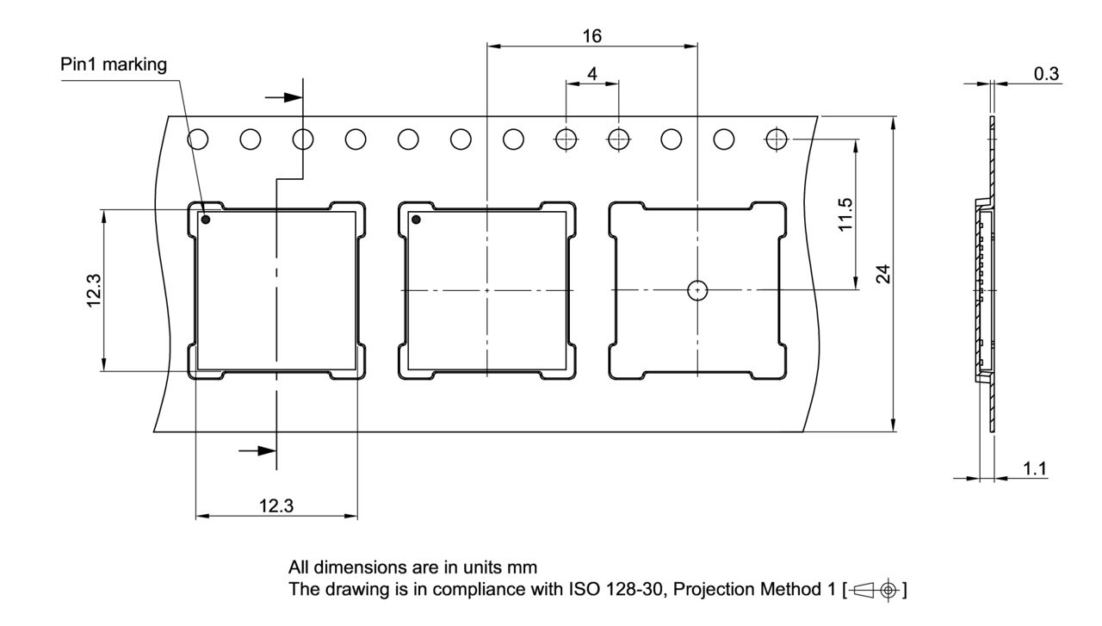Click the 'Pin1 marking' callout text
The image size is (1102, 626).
click(114, 65)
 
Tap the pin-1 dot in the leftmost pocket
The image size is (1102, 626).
click(206, 220)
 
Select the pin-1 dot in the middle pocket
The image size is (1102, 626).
click(416, 220)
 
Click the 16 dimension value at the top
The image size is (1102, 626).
click(591, 36)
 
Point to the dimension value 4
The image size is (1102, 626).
click(592, 74)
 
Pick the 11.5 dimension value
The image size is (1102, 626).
click(845, 214)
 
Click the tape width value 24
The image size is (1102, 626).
click(883, 274)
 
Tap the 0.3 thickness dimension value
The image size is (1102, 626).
click(1046, 74)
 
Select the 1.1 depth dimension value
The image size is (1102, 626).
click(1035, 468)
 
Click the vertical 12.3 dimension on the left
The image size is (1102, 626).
click(94, 290)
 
